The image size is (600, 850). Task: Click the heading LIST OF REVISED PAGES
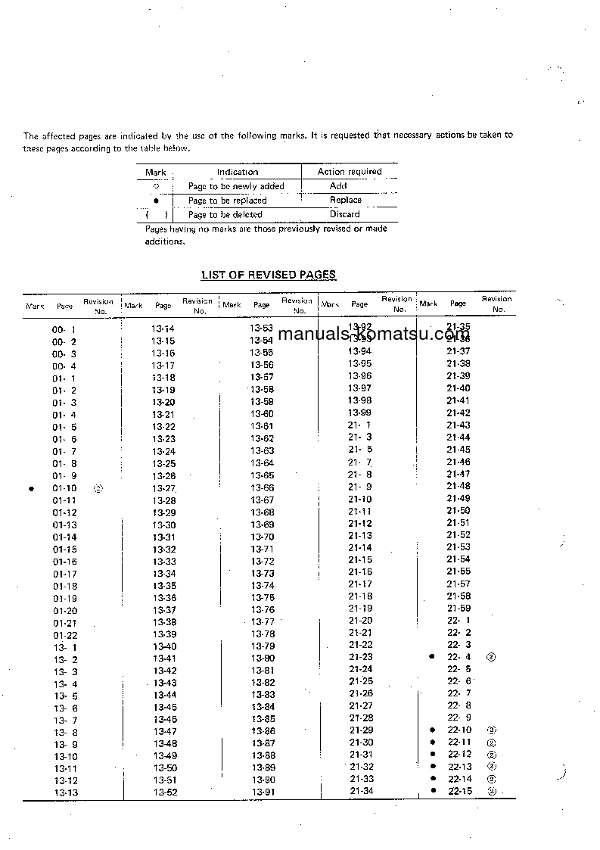pyautogui.click(x=269, y=275)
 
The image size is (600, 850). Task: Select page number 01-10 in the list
pyautogui.click(x=64, y=488)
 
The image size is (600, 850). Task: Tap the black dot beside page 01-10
pyautogui.click(x=31, y=488)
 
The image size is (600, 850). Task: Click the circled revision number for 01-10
pyautogui.click(x=98, y=488)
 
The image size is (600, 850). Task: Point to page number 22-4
pyautogui.click(x=459, y=657)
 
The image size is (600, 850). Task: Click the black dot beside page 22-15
pyautogui.click(x=433, y=791)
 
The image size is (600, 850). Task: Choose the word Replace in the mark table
pyautogui.click(x=346, y=201)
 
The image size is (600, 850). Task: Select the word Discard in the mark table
pyautogui.click(x=345, y=214)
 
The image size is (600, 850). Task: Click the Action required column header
pyautogui.click(x=349, y=172)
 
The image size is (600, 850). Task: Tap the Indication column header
pyautogui.click(x=238, y=172)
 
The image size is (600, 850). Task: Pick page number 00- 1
pyautogui.click(x=64, y=330)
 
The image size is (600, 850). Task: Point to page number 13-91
pyautogui.click(x=263, y=792)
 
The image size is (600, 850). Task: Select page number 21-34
pyautogui.click(x=362, y=791)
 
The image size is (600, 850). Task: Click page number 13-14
pyautogui.click(x=163, y=328)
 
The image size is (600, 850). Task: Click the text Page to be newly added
pyautogui.click(x=236, y=186)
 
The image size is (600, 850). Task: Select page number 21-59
pyautogui.click(x=459, y=608)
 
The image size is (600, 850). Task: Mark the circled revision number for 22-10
pyautogui.click(x=491, y=730)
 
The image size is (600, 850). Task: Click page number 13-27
pyautogui.click(x=163, y=488)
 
